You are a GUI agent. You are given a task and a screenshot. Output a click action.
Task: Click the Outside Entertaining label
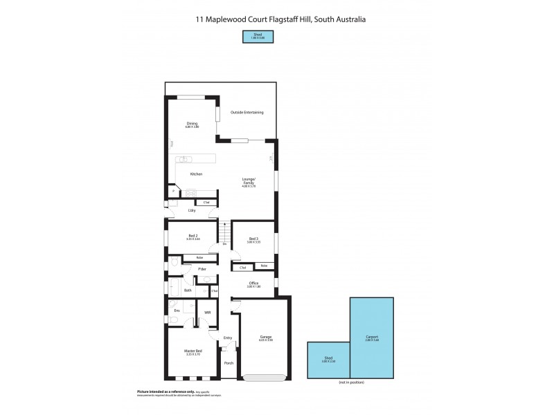tap(247, 112)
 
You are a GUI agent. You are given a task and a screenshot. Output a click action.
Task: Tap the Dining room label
tap(192, 124)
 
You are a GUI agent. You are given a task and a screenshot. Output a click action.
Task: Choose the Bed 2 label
tap(193, 235)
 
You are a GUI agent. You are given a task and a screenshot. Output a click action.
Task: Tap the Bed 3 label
tap(253, 239)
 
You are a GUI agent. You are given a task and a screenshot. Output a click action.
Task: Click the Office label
tap(253, 284)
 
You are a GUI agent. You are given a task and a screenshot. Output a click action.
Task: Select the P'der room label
tap(203, 268)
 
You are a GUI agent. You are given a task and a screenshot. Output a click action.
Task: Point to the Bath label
tap(188, 290)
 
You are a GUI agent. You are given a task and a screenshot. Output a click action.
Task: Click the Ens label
tap(177, 311)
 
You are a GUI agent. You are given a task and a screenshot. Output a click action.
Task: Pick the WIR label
tap(206, 312)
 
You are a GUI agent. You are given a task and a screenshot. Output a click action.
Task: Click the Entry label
tap(227, 338)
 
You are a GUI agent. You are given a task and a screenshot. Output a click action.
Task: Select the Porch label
tap(229, 362)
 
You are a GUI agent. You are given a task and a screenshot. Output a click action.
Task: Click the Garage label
tap(265, 338)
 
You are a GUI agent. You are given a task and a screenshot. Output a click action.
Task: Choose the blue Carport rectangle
tap(372, 338)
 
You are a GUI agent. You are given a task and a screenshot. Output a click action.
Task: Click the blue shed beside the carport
tap(328, 360)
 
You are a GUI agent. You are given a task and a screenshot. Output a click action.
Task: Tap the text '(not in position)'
tap(351, 382)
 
